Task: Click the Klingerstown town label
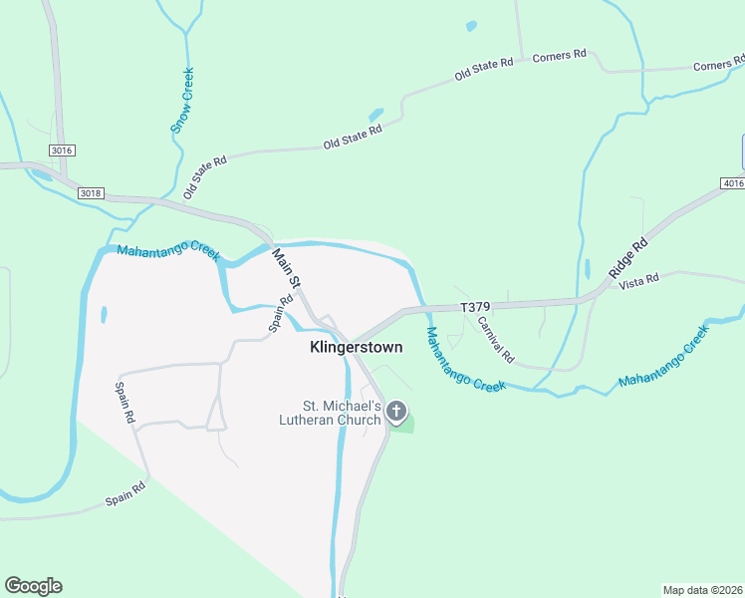click(x=356, y=349)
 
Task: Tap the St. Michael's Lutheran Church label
click(x=343, y=413)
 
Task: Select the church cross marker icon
click(x=396, y=411)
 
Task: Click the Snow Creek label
click(x=181, y=100)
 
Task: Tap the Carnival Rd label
click(x=495, y=339)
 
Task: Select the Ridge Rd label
click(x=627, y=257)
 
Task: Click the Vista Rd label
click(x=638, y=280)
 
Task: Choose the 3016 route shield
click(x=62, y=149)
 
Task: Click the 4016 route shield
click(x=732, y=183)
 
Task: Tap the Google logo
click(x=33, y=586)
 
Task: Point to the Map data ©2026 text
click(x=702, y=589)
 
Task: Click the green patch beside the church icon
click(x=404, y=427)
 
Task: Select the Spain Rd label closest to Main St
click(x=280, y=312)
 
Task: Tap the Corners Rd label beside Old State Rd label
click(x=559, y=56)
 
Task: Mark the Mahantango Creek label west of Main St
click(x=167, y=253)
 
